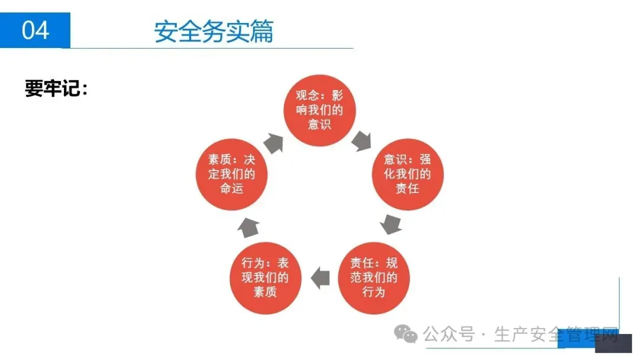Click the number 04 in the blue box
point(35,30)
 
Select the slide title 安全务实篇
point(214,31)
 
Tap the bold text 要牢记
point(56,89)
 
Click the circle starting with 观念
point(319,110)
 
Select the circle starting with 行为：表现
point(266,278)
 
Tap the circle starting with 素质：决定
point(231,175)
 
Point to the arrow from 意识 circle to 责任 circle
point(390,224)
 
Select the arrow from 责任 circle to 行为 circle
point(320,278)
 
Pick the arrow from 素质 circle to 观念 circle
point(273,142)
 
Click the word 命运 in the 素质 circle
point(231,189)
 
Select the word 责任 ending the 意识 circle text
point(408,189)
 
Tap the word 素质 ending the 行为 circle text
point(266,292)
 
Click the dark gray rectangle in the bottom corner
point(614,343)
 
